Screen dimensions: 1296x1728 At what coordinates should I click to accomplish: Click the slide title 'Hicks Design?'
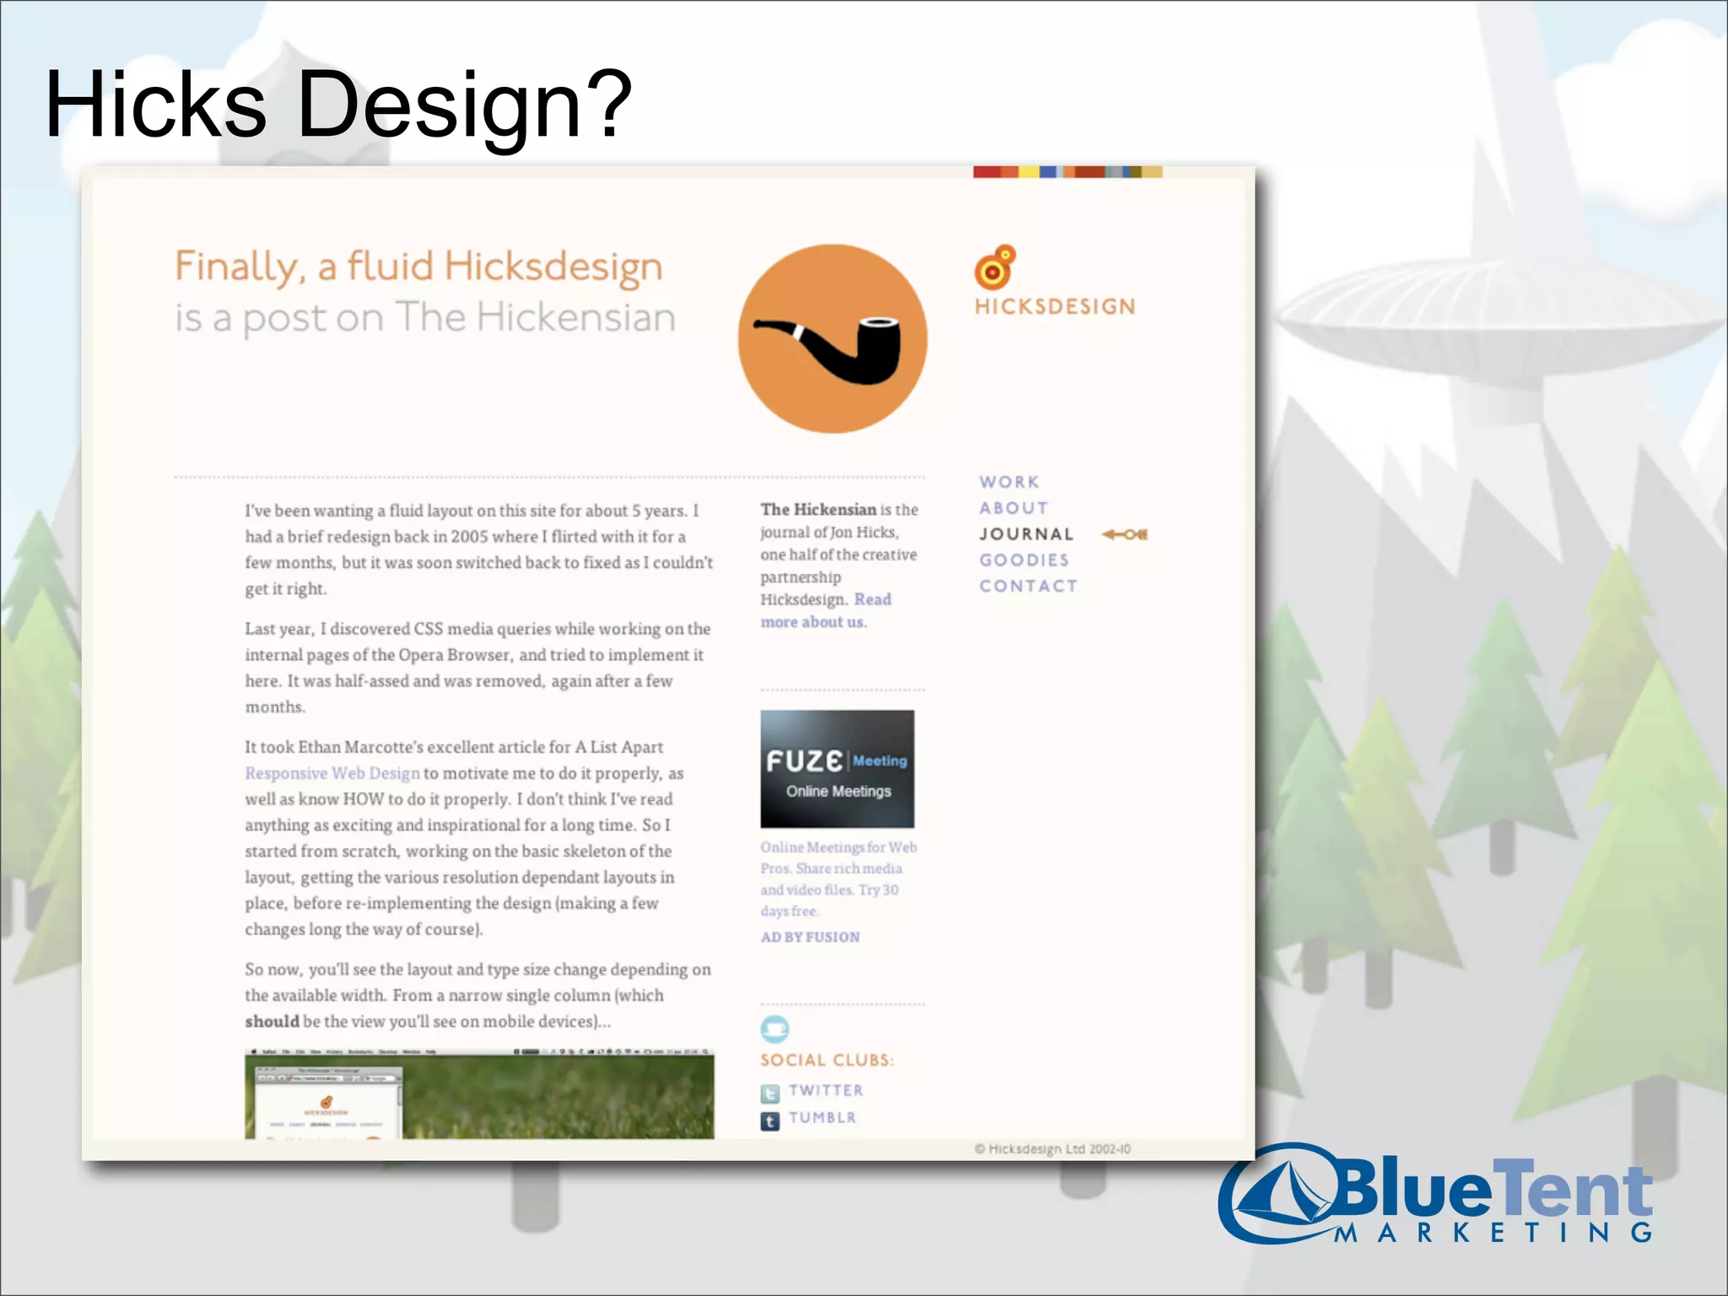pyautogui.click(x=337, y=105)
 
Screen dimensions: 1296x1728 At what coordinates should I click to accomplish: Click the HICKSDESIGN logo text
pyautogui.click(x=1055, y=306)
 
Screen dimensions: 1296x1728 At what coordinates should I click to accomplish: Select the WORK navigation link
pyautogui.click(x=1009, y=482)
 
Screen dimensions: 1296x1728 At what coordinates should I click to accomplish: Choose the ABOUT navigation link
pyautogui.click(x=1013, y=508)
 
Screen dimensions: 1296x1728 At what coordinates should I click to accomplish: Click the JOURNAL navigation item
pyautogui.click(x=1026, y=534)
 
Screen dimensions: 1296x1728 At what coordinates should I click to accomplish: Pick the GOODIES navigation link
pyautogui.click(x=1023, y=560)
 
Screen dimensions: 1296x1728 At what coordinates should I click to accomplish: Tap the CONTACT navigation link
pyautogui.click(x=1028, y=586)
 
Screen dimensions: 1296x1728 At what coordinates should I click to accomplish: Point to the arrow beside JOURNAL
pyautogui.click(x=1124, y=534)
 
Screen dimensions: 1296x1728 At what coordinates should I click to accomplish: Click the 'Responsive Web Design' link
pyautogui.click(x=332, y=773)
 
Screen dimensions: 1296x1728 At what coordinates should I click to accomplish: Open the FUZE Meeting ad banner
pyautogui.click(x=837, y=769)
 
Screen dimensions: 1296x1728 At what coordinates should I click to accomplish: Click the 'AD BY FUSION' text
pyautogui.click(x=810, y=937)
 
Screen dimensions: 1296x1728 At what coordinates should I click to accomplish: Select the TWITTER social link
pyautogui.click(x=825, y=1090)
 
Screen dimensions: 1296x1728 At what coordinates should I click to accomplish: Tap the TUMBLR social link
pyautogui.click(x=822, y=1117)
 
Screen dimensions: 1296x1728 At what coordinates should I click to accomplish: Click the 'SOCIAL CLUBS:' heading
pyautogui.click(x=826, y=1061)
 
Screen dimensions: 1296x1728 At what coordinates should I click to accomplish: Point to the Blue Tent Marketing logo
pyautogui.click(x=1434, y=1195)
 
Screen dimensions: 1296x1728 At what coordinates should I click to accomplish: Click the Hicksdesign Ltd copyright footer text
pyautogui.click(x=1052, y=1148)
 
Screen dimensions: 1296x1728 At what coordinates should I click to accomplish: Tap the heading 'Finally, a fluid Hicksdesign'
pyautogui.click(x=418, y=267)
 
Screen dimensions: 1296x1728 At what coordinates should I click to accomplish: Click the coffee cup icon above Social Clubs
pyautogui.click(x=774, y=1029)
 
